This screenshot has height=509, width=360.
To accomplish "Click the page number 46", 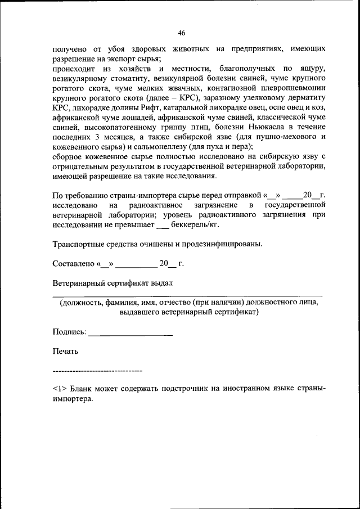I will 181,32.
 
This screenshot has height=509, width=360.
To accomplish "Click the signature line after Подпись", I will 130,335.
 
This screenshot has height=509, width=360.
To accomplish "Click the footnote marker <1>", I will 60,388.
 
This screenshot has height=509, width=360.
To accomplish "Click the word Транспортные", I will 79,244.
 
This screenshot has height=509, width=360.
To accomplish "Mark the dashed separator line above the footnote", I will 97,371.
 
